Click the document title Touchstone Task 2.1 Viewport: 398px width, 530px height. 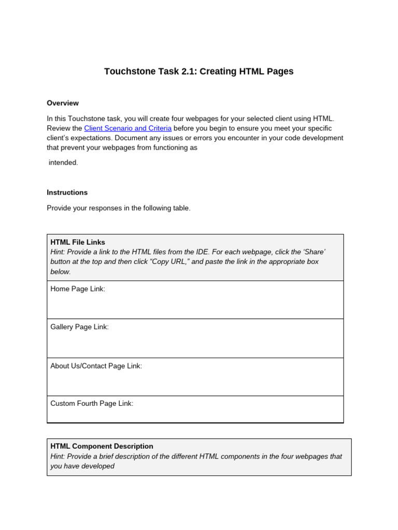198,71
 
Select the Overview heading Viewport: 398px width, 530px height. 63,103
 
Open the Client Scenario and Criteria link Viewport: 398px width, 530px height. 127,128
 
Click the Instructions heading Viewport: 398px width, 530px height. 67,193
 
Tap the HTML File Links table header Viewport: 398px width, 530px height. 78,242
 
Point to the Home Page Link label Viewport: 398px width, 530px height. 78,289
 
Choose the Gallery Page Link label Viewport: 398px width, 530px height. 79,327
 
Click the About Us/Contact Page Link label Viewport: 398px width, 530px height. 96,366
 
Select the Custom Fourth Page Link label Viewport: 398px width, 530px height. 92,403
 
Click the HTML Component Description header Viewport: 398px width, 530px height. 102,446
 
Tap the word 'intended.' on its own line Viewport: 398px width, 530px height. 63,163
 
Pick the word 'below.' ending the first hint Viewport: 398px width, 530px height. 61,272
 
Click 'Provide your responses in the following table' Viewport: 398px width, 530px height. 119,208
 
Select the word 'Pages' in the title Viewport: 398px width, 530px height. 279,71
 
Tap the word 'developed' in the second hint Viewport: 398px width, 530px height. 98,466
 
